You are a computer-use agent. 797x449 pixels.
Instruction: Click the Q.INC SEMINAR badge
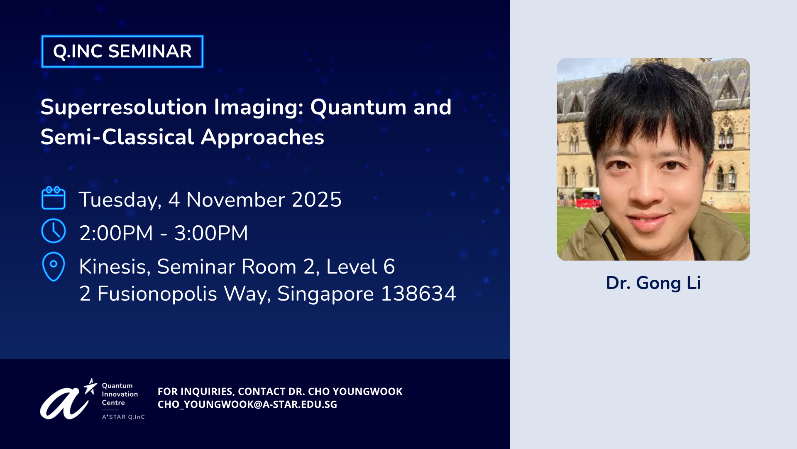(x=122, y=52)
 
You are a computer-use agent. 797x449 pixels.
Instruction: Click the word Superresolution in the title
(x=124, y=108)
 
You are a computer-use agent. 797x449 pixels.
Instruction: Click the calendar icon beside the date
(x=54, y=198)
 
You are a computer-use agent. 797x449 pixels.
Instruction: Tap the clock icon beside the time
(x=54, y=231)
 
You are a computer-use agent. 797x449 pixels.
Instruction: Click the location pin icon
(x=54, y=266)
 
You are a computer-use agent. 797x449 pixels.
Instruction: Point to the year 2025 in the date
(x=317, y=200)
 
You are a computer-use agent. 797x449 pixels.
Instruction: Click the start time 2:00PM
(x=116, y=233)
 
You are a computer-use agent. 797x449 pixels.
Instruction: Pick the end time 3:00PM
(x=211, y=233)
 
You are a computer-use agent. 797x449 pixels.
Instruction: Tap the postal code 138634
(x=418, y=294)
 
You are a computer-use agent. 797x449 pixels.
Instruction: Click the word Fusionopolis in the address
(x=157, y=294)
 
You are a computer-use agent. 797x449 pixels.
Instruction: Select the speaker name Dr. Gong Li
(x=653, y=283)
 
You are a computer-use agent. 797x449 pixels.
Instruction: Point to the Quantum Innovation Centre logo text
(x=120, y=394)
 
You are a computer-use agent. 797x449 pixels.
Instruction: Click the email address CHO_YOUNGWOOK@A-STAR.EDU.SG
(x=247, y=405)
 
